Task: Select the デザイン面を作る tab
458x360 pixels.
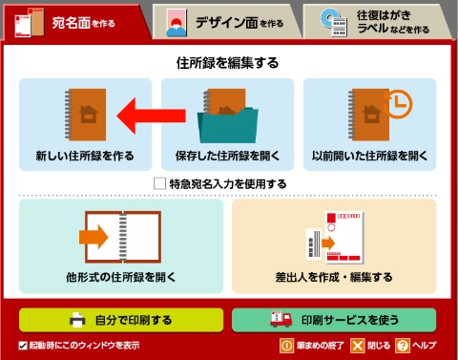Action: coord(226,22)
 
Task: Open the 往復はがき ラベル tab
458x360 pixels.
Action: coord(377,22)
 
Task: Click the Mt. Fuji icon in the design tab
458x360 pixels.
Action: coord(177,23)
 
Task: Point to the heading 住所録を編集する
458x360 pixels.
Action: coord(227,63)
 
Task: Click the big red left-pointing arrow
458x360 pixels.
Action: coord(151,116)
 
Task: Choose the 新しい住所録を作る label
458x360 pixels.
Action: coord(85,156)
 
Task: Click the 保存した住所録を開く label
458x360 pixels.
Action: coord(227,156)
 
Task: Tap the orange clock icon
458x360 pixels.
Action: coord(398,104)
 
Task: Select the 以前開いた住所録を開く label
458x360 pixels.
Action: coord(369,156)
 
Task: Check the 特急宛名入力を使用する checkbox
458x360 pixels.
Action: coord(159,183)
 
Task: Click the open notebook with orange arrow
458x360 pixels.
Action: coord(120,237)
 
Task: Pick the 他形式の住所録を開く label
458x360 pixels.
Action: coord(121,277)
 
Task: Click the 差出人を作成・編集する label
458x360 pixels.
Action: coord(334,277)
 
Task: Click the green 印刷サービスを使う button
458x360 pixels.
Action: coord(334,320)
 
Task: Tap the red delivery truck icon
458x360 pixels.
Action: coord(281,319)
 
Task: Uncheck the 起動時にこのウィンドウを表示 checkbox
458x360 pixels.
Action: coord(23,346)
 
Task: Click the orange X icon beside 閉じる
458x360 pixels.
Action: coord(358,346)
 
